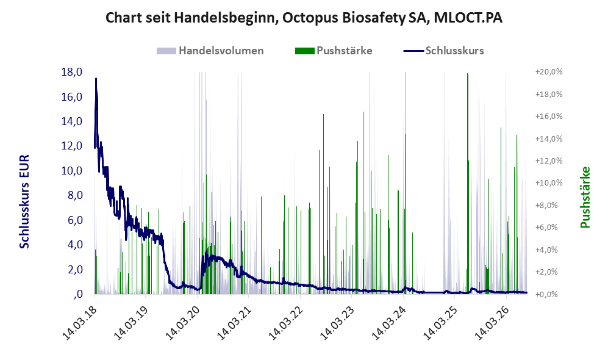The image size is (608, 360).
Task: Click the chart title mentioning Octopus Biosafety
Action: [304, 18]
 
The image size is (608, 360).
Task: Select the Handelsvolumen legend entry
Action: [210, 51]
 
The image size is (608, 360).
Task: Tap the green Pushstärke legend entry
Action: [334, 51]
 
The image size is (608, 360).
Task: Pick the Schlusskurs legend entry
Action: [443, 51]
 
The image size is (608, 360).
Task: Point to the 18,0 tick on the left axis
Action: [72, 72]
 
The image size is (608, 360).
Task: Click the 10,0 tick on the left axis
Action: [72, 171]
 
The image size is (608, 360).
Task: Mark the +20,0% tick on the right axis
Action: [549, 72]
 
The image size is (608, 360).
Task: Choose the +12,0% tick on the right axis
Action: [549, 161]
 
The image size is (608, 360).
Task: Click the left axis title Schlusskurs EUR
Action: [24, 202]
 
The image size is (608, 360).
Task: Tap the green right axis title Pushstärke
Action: [585, 198]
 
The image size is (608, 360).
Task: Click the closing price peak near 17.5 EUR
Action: [96, 79]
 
